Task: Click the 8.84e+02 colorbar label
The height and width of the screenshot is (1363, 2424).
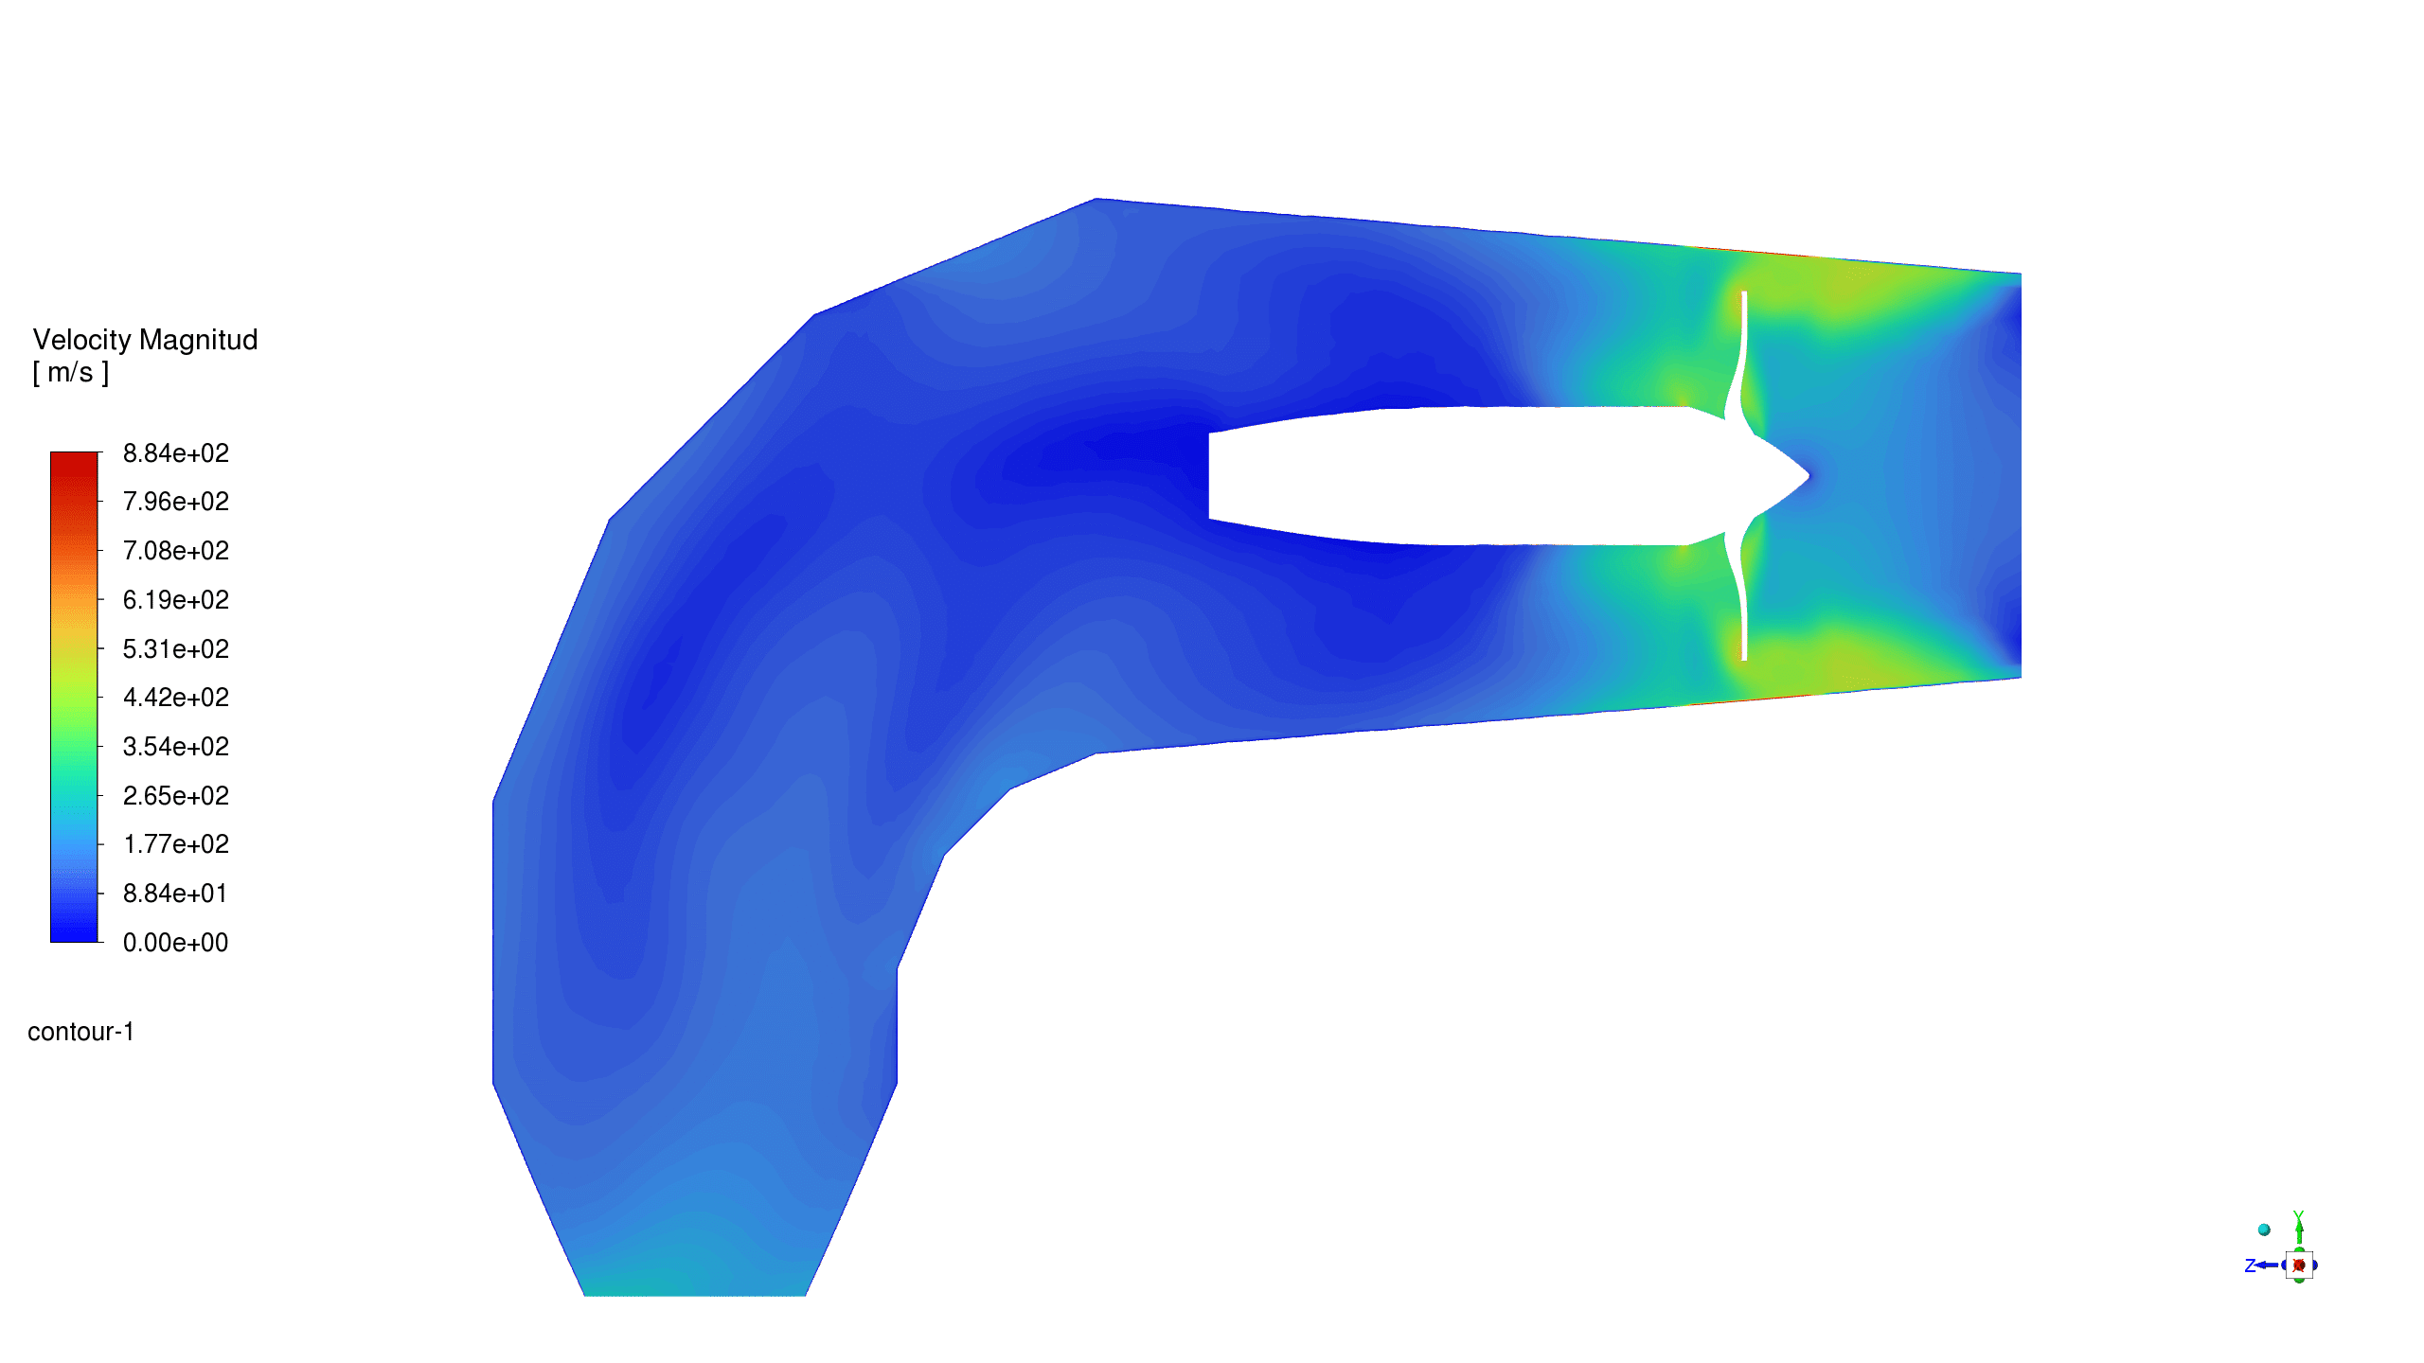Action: [176, 453]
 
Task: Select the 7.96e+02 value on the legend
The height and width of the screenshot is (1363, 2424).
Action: [176, 502]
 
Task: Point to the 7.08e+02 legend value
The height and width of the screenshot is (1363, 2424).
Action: [176, 551]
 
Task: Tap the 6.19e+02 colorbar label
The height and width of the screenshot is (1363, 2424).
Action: [176, 600]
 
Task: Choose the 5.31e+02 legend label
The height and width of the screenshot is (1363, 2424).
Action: [176, 649]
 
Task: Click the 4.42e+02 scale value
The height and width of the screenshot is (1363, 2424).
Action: [176, 698]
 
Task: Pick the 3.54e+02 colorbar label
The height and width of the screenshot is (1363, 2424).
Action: [176, 747]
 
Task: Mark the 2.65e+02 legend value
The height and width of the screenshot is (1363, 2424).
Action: [176, 796]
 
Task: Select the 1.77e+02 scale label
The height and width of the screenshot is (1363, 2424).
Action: [176, 844]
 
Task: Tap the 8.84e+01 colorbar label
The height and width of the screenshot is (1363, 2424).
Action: [176, 894]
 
